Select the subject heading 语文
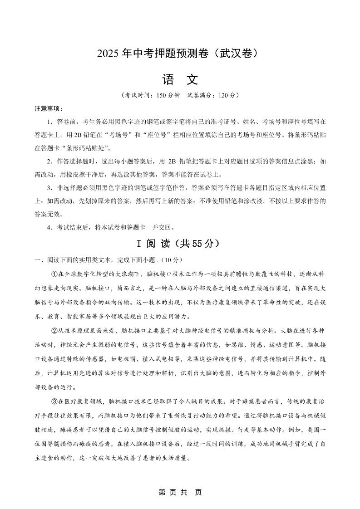click(x=180, y=80)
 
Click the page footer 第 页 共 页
click(x=180, y=492)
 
